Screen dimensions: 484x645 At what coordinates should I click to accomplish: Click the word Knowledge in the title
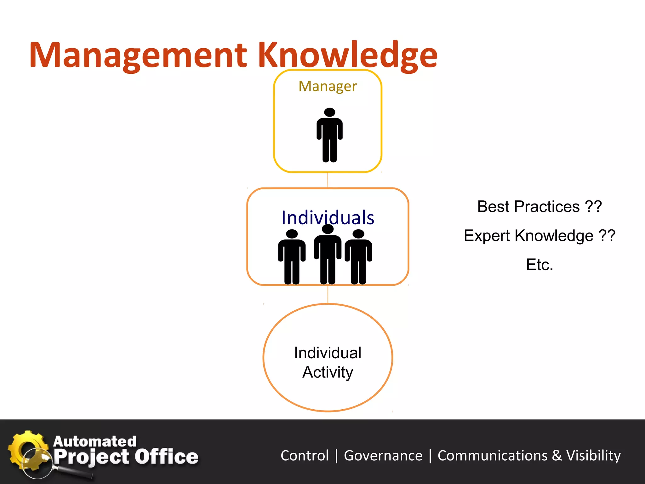point(348,55)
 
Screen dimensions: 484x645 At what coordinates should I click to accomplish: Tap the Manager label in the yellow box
point(328,86)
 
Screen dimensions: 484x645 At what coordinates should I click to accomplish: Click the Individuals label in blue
point(328,217)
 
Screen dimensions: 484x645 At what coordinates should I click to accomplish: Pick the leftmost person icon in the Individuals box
point(292,257)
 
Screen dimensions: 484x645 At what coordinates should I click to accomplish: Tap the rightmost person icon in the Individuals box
point(358,257)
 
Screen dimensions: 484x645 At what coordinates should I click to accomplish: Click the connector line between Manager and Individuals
point(328,180)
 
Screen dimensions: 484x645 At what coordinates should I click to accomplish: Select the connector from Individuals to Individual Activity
point(328,294)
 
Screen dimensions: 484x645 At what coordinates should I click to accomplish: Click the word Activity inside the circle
point(328,372)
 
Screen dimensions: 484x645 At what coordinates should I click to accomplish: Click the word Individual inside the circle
point(328,353)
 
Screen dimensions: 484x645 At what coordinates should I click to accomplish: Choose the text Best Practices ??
point(539,207)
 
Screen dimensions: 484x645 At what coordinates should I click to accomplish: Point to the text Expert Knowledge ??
point(539,236)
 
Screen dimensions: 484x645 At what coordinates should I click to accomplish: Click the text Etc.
point(539,265)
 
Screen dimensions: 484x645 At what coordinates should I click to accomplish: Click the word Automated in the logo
point(94,441)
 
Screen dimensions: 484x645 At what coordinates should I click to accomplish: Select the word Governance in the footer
point(383,456)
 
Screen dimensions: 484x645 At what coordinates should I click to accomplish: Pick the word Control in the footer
point(305,456)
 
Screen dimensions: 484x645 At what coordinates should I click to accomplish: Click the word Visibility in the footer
point(593,456)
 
